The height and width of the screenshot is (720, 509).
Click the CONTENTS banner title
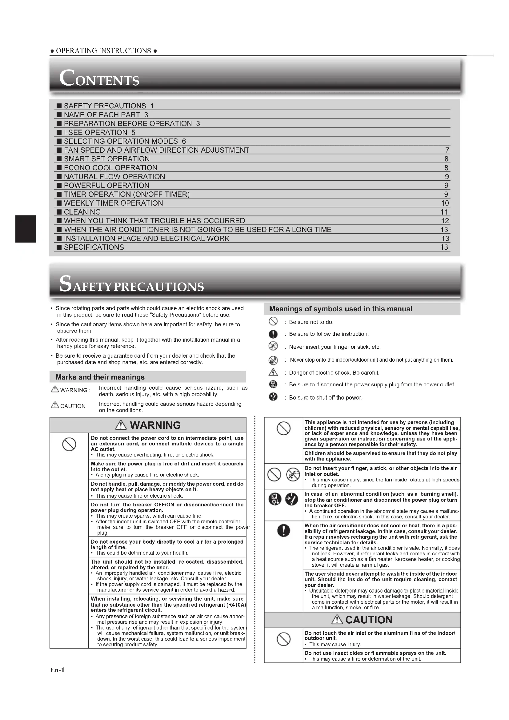99,78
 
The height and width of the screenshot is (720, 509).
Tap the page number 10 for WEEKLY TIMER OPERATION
445,203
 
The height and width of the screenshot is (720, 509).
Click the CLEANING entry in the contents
82,212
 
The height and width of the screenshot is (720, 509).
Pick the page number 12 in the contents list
445,221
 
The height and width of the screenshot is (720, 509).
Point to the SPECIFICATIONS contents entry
94,247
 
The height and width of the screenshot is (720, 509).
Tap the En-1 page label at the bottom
57,670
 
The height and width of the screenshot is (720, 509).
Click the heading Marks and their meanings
100,377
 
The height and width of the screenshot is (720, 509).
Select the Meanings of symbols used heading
340,309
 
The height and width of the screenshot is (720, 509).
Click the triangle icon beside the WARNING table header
121,425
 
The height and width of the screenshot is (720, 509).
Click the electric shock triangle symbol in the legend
273,372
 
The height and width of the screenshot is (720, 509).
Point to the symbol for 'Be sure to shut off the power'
273,397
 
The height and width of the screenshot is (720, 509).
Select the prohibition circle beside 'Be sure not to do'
273,321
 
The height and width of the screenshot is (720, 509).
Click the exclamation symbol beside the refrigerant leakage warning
283,531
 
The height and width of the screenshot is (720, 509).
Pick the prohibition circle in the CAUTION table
284,639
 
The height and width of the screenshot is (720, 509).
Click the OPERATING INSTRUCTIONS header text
103,51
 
